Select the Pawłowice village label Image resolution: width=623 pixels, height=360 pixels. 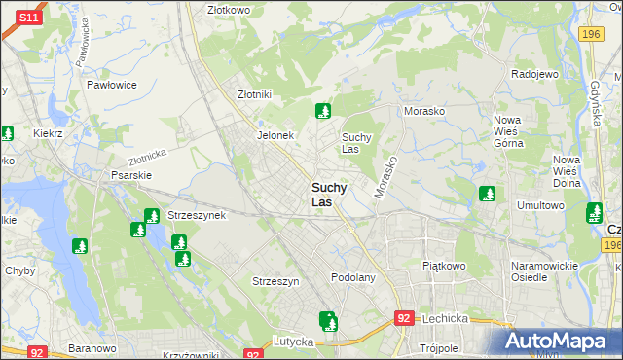111,85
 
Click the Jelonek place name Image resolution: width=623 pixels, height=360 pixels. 275,135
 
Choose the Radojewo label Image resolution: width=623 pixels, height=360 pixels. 533,74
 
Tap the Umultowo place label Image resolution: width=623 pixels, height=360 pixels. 540,205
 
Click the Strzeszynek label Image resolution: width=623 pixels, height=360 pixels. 197,215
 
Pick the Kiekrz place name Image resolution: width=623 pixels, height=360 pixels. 48,133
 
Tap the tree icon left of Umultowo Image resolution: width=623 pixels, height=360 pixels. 487,194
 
